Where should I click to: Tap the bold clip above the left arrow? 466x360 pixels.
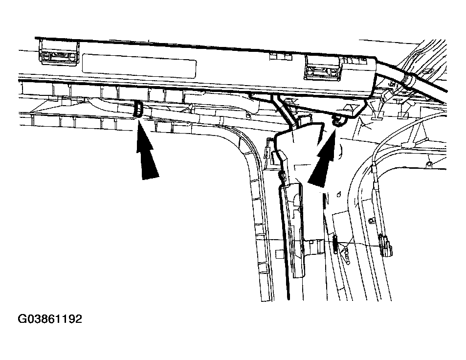pyautogui.click(x=138, y=109)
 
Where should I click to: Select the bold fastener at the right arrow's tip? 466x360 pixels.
pyautogui.click(x=337, y=121)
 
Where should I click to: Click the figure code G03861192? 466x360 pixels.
pyautogui.click(x=50, y=319)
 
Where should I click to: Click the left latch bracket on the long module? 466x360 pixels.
pyautogui.click(x=59, y=53)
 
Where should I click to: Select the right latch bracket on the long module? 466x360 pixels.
pyautogui.click(x=323, y=68)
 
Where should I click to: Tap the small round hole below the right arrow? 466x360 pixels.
pyautogui.click(x=339, y=195)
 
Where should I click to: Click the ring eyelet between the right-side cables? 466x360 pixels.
pyautogui.click(x=371, y=221)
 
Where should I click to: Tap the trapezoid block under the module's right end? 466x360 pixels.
pyautogui.click(x=353, y=109)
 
